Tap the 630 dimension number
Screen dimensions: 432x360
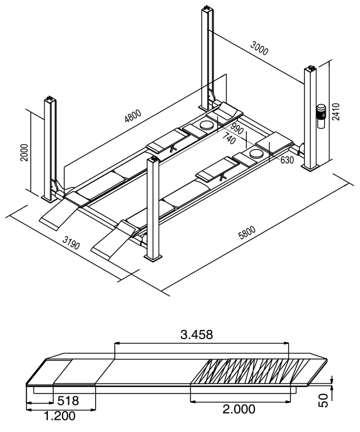click(286, 160)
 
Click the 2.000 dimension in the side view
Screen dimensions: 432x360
click(239, 409)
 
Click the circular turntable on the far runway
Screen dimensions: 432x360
click(206, 124)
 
